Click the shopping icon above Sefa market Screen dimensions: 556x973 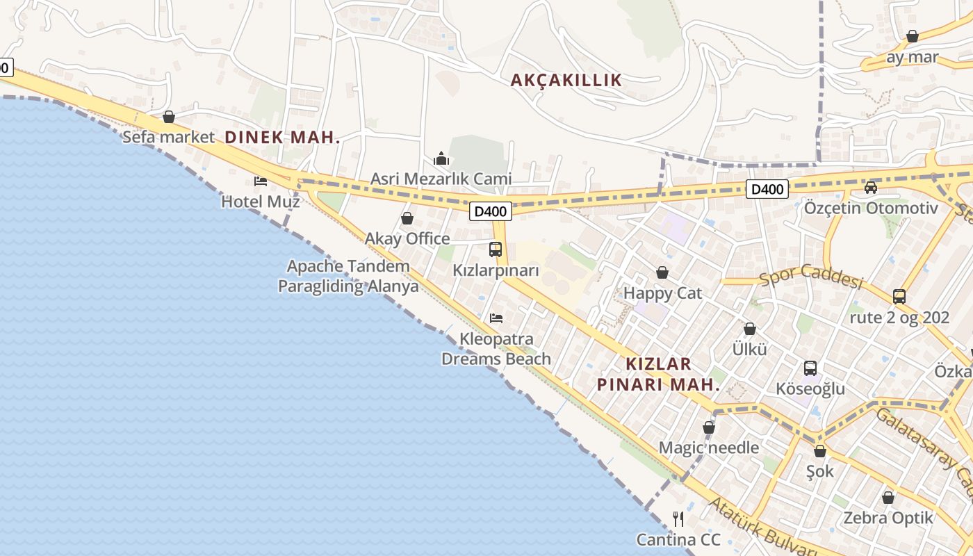point(169,117)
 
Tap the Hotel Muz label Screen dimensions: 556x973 point(260,202)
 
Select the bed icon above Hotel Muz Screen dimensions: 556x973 point(261,181)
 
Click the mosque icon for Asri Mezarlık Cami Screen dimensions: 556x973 point(441,159)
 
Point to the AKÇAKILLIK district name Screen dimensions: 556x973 point(566,80)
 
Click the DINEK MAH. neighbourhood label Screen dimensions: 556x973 point(282,137)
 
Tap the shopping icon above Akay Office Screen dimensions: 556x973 point(407,219)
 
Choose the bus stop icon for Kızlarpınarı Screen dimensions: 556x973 point(496,250)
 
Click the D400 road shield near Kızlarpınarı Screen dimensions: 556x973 point(491,211)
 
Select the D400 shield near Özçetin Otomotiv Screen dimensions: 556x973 point(767,188)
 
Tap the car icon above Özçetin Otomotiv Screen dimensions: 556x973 point(870,187)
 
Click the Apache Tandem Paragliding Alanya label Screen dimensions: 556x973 point(348,276)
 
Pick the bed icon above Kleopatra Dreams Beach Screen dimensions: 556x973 point(496,318)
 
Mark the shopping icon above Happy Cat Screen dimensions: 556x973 point(662,272)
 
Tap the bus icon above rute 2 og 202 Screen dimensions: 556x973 point(899,297)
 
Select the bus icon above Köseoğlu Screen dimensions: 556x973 point(810,368)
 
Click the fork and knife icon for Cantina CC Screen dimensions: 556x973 point(678,518)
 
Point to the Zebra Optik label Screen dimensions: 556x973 point(888,518)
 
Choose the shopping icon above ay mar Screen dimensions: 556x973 point(913,36)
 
